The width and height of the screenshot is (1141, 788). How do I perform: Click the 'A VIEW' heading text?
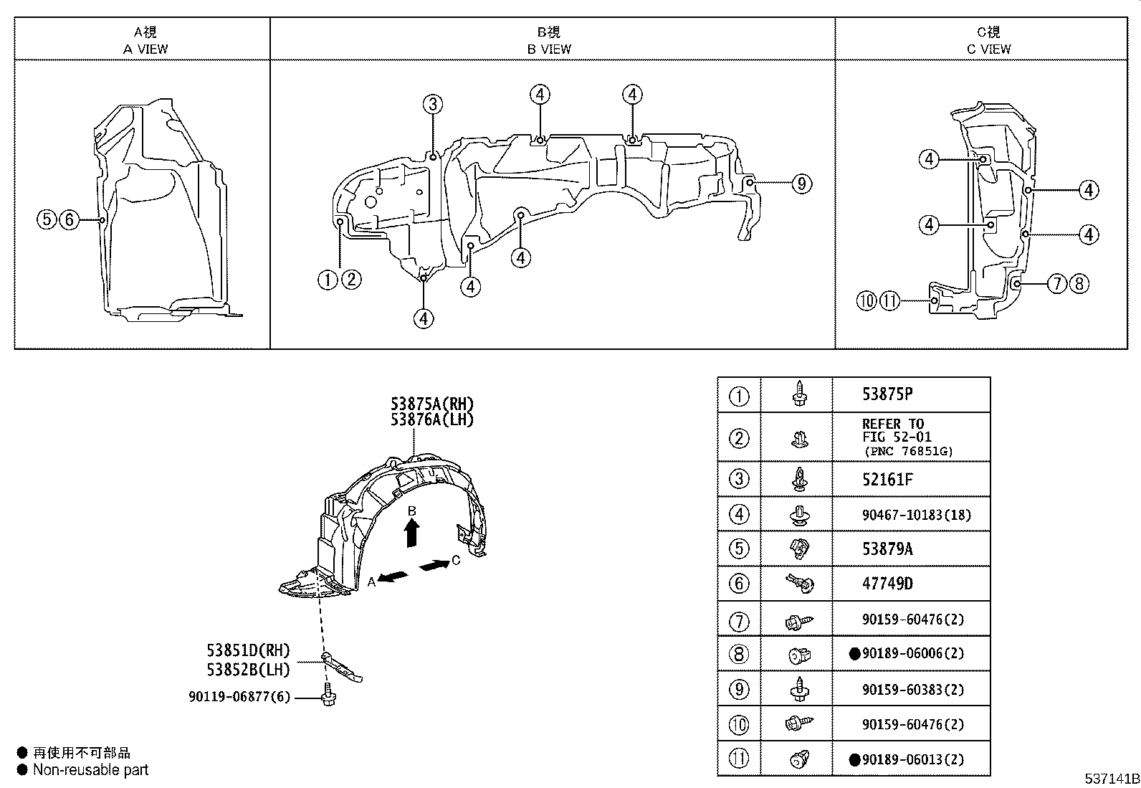pyautogui.click(x=145, y=49)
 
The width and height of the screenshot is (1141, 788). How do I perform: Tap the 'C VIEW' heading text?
pyautogui.click(x=988, y=49)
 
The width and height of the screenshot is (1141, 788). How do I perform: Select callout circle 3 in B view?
pyautogui.click(x=432, y=105)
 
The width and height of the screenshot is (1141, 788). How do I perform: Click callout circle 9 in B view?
pyautogui.click(x=801, y=184)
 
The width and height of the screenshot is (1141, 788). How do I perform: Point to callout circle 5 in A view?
pyautogui.click(x=47, y=219)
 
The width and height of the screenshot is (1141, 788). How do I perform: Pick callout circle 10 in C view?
pyautogui.click(x=867, y=301)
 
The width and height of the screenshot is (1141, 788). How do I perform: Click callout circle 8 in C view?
pyautogui.click(x=1079, y=284)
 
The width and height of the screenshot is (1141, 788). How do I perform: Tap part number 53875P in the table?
pyautogui.click(x=887, y=394)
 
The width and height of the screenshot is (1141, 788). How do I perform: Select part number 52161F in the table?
pyautogui.click(x=887, y=480)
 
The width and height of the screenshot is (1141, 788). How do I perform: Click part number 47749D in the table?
pyautogui.click(x=887, y=584)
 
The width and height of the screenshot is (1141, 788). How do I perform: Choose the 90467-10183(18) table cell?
pyautogui.click(x=917, y=515)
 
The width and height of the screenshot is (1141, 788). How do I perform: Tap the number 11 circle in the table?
pyautogui.click(x=739, y=759)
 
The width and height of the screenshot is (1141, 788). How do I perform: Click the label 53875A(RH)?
pyautogui.click(x=431, y=404)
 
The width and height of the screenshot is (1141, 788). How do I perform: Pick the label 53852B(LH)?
pyautogui.click(x=248, y=670)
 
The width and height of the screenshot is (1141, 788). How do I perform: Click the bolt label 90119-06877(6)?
pyautogui.click(x=239, y=696)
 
